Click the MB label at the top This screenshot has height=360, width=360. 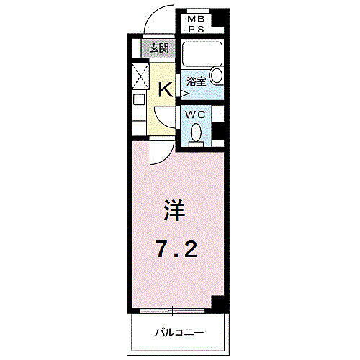click(x=194, y=19)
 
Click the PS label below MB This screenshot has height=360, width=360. click(x=194, y=30)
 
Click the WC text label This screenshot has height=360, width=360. click(x=196, y=114)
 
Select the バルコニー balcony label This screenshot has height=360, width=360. click(x=179, y=333)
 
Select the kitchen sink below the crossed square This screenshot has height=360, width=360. click(x=138, y=100)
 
